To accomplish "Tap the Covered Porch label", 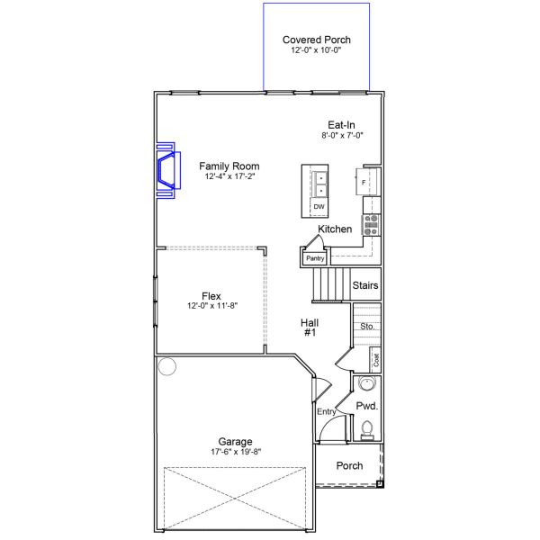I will (316, 40).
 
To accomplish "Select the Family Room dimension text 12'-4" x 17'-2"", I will (229, 177).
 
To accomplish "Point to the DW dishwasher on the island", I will (319, 208).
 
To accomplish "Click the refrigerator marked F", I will (364, 183).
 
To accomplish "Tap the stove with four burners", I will (371, 225).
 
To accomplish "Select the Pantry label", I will (314, 258).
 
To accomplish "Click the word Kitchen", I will (335, 229).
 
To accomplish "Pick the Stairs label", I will (365, 286).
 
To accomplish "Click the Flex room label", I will (211, 296).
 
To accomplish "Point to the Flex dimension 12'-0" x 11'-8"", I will (211, 307).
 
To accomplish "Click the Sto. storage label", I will (366, 326).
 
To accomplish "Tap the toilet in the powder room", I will (366, 434).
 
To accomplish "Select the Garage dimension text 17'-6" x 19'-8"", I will (235, 452).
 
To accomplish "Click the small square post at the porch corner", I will (380, 483).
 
